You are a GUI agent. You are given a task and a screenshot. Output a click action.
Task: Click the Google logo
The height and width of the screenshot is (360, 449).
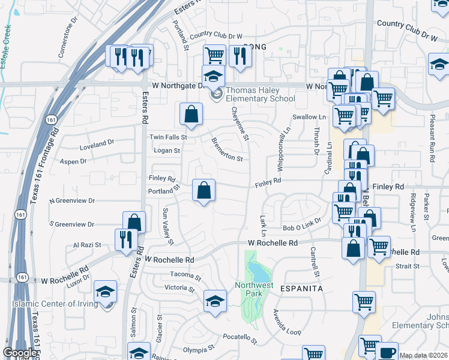20,353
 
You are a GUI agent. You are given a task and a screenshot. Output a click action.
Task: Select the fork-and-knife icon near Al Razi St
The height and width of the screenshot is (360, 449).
126,239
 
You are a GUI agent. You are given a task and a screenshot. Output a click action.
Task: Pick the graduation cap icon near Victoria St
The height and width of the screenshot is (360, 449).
215,301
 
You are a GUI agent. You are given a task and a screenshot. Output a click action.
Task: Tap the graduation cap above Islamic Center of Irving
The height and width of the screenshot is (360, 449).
105,292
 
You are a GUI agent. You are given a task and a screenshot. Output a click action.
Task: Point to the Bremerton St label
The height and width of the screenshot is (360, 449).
226,150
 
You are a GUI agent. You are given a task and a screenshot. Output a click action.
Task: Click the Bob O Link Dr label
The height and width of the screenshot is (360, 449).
303,224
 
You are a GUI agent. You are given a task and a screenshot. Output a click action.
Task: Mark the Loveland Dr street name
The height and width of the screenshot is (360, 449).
97,144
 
